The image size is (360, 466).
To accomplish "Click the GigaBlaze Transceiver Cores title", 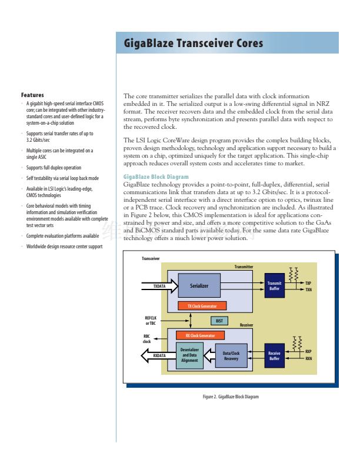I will (x=193, y=44).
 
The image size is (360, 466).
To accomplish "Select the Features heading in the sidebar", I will (x=32, y=95).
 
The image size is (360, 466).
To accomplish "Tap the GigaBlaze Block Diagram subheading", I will (x=156, y=177).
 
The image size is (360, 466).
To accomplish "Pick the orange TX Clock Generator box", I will (x=202, y=307).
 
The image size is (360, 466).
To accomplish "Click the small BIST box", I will (x=219, y=321).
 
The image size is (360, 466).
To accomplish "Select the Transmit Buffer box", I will (x=274, y=286).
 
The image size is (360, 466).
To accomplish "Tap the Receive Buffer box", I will (x=274, y=355).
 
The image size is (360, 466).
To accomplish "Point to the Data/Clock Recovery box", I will (x=231, y=355).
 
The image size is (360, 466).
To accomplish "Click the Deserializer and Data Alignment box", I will (x=189, y=355).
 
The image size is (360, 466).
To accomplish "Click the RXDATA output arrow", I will (x=158, y=355).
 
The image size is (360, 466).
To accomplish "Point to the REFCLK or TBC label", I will (x=151, y=321).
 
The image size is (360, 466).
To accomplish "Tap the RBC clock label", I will (x=147, y=339).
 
